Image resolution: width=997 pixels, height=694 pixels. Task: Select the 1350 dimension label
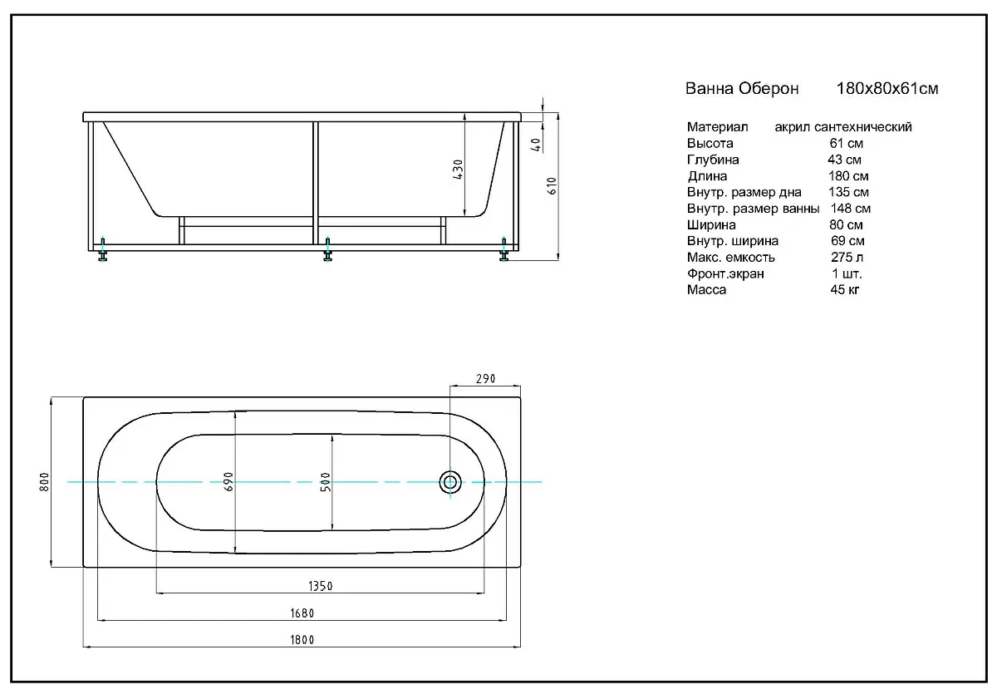[x=321, y=586]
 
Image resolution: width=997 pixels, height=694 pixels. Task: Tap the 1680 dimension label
[x=302, y=613]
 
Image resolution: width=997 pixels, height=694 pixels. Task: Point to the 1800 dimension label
[x=302, y=640]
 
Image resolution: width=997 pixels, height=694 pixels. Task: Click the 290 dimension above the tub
[x=485, y=379]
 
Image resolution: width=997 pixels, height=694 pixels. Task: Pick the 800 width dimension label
[x=45, y=482]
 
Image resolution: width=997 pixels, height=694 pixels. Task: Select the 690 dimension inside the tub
[x=228, y=482]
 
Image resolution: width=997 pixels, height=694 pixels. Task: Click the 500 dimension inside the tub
[x=326, y=482]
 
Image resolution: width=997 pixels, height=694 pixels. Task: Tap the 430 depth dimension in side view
[x=458, y=170]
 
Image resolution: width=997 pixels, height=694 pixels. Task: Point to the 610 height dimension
[x=552, y=186]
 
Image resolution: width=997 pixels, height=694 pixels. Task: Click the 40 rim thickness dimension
[x=537, y=145]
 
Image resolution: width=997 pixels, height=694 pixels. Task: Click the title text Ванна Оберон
[x=742, y=89]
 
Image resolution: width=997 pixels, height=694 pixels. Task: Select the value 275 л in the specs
[x=847, y=258]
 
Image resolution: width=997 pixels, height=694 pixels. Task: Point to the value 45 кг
[x=845, y=290]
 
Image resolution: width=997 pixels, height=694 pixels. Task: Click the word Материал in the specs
[x=718, y=127]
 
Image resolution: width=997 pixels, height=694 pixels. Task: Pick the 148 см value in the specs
[x=851, y=209]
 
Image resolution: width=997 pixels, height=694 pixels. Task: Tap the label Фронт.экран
[x=725, y=273]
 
